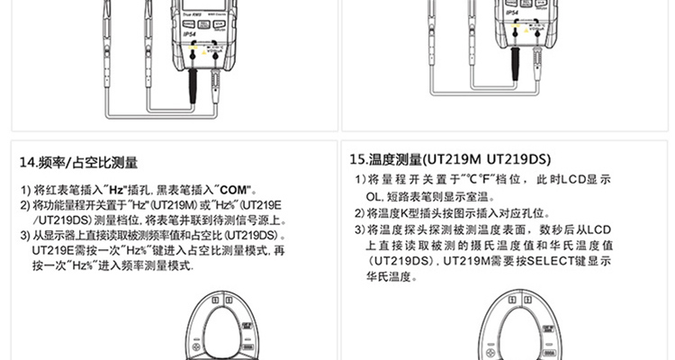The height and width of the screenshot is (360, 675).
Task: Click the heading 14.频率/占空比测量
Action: click(x=79, y=163)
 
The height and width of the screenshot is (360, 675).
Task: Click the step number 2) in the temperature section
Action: click(x=359, y=213)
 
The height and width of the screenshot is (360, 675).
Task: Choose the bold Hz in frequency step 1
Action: click(x=115, y=191)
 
